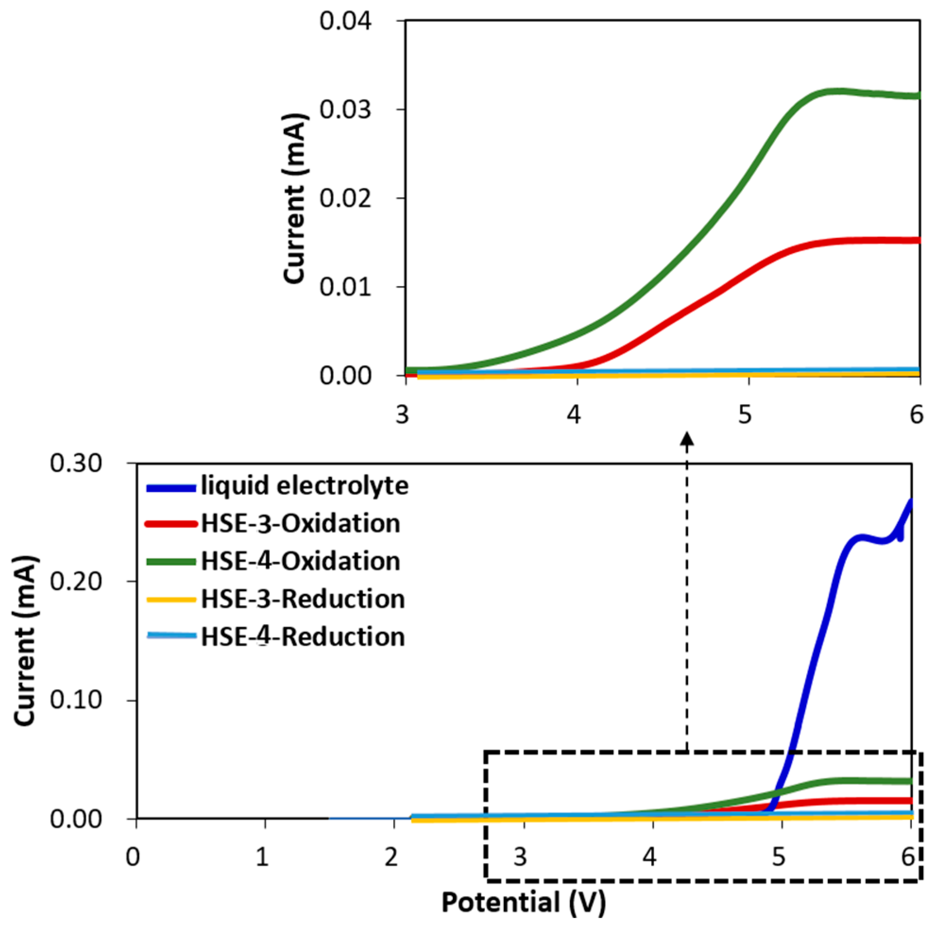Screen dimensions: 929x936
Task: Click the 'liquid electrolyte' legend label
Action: point(304,486)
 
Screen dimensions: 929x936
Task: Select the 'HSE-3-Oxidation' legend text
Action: point(300,524)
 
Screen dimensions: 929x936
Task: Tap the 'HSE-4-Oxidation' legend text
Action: point(300,561)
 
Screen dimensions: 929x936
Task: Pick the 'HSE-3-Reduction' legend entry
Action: point(303,599)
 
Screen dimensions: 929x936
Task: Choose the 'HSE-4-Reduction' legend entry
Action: point(303,636)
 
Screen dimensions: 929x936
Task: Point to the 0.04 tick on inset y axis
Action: point(345,21)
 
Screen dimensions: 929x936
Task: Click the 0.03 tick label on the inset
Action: point(345,110)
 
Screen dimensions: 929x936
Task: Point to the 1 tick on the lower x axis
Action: point(262,857)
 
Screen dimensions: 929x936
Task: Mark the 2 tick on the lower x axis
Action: point(391,857)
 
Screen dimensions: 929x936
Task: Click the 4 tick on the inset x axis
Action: point(574,415)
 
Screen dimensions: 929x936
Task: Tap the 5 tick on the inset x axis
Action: point(745,415)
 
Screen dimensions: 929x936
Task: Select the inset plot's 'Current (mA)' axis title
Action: point(295,199)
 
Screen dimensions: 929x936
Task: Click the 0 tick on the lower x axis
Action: point(133,857)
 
